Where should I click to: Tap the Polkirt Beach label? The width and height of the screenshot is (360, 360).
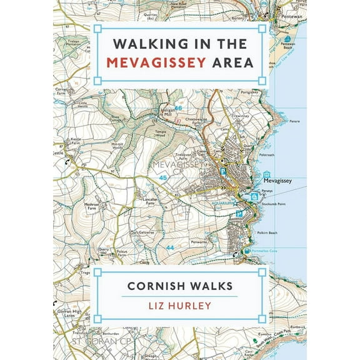pos(268,232)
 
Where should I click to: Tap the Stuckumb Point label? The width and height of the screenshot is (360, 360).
pos(276,204)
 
